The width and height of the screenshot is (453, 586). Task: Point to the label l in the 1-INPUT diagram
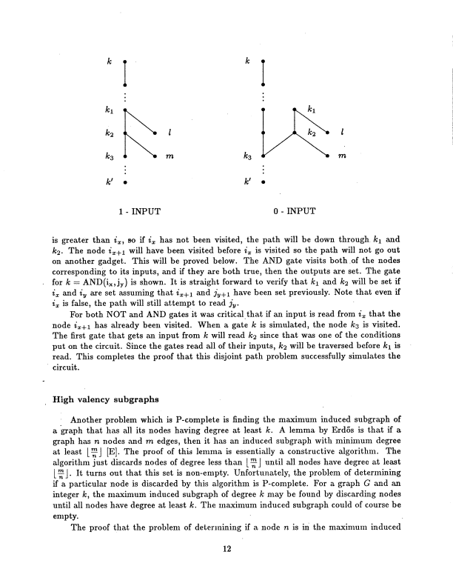pos(170,133)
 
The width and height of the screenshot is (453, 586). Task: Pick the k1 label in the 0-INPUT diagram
pos(312,111)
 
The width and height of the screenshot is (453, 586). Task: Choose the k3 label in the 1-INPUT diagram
pos(109,158)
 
